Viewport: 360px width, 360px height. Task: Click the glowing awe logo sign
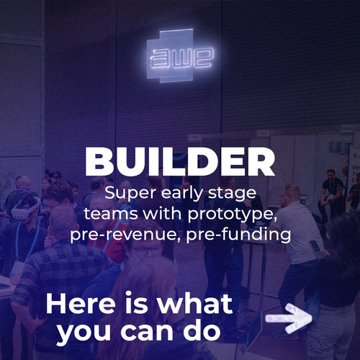tap(180, 55)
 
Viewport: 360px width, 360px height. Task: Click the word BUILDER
tap(180, 162)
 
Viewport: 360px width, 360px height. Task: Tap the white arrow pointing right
tap(289, 318)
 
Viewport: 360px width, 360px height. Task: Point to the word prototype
tap(231, 214)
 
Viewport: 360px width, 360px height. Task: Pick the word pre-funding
tap(238, 234)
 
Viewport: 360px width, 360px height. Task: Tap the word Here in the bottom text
tap(81, 304)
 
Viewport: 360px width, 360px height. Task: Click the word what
tap(195, 304)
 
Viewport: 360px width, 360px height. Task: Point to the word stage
tap(232, 194)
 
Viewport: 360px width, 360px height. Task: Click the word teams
tap(111, 214)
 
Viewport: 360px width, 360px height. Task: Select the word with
tap(162, 214)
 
